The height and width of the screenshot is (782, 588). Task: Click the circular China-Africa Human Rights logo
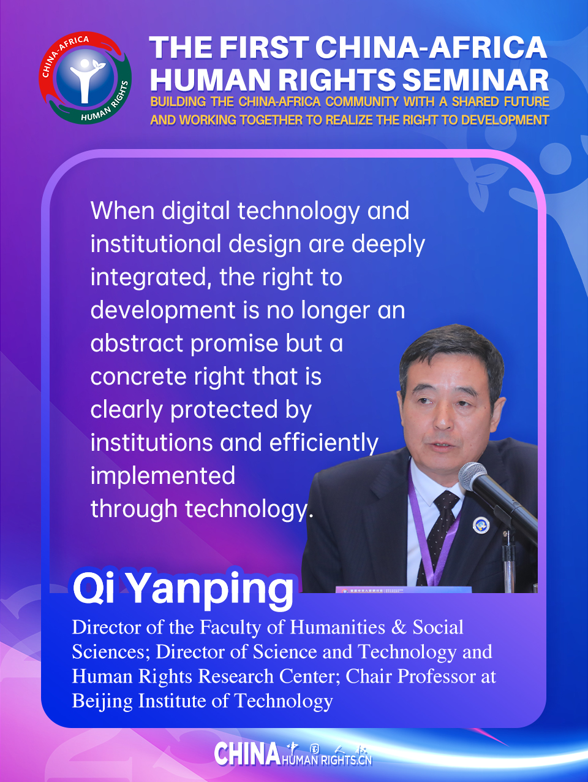click(x=85, y=78)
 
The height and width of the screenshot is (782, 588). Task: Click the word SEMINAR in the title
click(x=475, y=80)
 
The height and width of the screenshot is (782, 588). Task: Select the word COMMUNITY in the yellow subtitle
click(x=362, y=102)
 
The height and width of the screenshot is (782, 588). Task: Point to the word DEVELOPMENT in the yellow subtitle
click(x=505, y=120)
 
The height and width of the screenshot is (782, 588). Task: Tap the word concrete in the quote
click(x=138, y=377)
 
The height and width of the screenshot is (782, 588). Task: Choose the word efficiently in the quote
click(x=323, y=443)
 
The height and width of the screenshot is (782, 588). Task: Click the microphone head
click(x=473, y=477)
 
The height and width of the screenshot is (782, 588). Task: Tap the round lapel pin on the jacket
click(x=481, y=525)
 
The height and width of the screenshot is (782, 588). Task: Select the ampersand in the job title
click(x=399, y=627)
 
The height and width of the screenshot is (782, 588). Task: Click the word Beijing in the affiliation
click(x=102, y=701)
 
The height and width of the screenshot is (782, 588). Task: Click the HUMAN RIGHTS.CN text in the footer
click(x=326, y=761)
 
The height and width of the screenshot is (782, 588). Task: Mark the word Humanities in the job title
click(x=337, y=627)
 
